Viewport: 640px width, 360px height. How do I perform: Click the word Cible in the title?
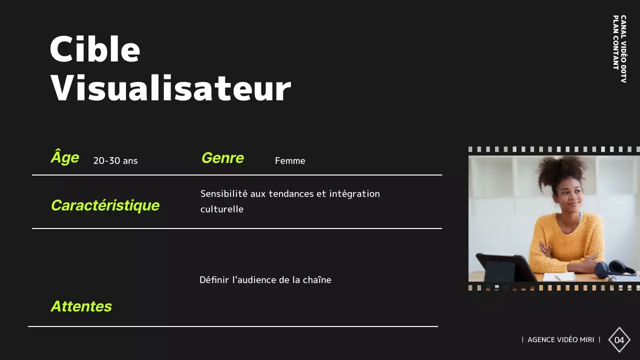tap(94, 49)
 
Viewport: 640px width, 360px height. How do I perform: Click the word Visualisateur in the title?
tap(170, 88)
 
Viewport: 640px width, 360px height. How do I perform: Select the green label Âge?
tap(65, 157)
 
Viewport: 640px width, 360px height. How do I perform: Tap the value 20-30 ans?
tap(115, 161)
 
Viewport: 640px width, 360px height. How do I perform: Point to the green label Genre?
tap(222, 158)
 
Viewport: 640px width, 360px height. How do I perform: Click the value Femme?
tap(290, 161)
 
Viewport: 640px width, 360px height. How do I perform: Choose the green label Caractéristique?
tap(105, 205)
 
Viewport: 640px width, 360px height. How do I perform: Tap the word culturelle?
tap(222, 209)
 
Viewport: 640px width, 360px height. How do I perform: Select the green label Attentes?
tap(81, 306)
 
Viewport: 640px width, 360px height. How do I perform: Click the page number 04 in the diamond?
tap(619, 340)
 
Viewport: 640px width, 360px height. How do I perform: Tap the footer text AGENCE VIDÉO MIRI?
tap(560, 340)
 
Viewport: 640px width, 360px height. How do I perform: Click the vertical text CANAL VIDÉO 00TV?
tap(623, 48)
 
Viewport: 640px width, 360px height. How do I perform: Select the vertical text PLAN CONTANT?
tap(615, 42)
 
